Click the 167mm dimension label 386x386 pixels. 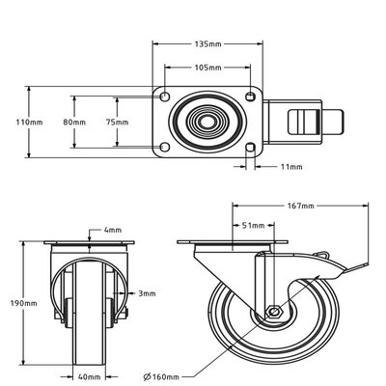coord(301,207)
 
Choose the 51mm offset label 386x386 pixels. coord(253,225)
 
